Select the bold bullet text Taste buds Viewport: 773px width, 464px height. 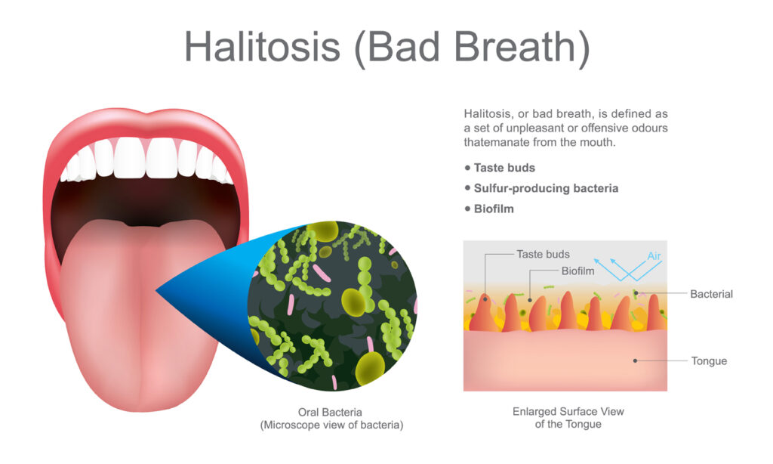pos(504,168)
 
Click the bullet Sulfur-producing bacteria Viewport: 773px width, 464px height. pos(546,188)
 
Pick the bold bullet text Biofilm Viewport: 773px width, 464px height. pos(494,208)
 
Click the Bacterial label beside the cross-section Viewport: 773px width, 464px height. pos(711,293)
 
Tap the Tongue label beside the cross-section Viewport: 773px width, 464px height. pos(709,360)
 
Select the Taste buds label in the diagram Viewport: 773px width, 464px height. pos(543,255)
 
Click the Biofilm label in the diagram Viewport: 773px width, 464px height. pos(578,270)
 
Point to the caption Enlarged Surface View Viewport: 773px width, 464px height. pos(568,412)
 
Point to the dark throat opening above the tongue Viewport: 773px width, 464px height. pos(143,200)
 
